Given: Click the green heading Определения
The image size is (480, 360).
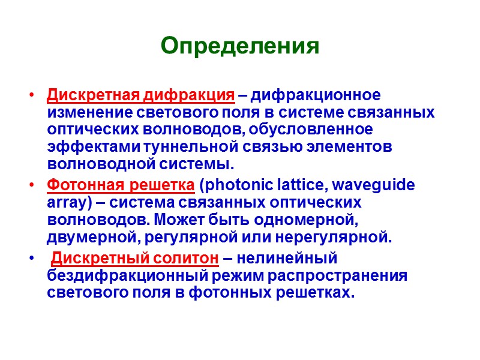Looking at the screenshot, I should point(240,46).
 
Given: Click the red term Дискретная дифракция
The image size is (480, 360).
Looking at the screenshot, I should point(140,96).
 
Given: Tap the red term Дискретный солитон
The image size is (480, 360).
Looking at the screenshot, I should point(134,259).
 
